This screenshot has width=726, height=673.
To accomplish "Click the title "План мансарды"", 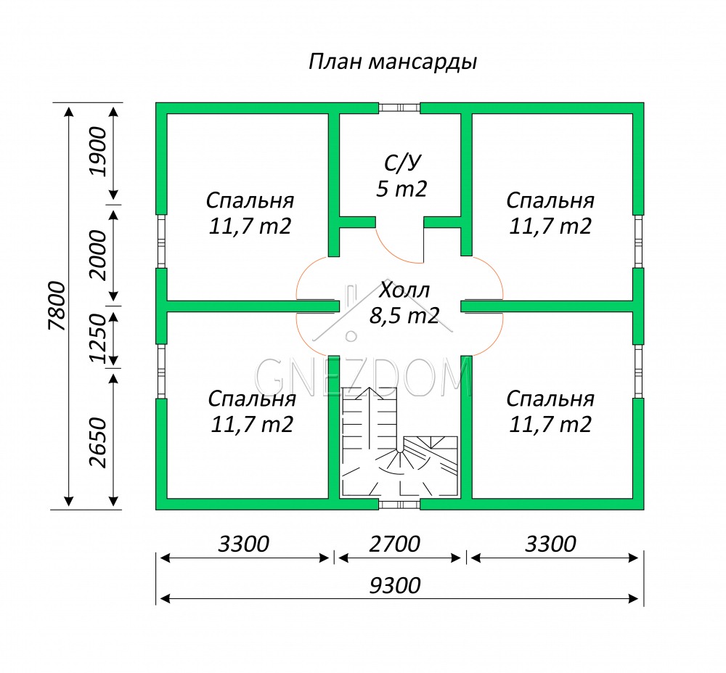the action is click(x=393, y=62).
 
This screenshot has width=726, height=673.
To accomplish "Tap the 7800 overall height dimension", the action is click(x=57, y=306).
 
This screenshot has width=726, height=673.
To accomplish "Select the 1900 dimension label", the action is click(x=98, y=152).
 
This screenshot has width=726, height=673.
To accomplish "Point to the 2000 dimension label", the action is click(x=98, y=255).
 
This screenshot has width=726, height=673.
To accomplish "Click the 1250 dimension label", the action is click(x=98, y=338).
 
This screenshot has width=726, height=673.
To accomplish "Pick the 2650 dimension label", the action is click(x=98, y=442).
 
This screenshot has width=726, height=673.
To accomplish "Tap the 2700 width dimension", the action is click(x=394, y=544).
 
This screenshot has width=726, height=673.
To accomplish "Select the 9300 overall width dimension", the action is click(x=395, y=586).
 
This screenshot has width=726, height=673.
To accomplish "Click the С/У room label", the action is click(x=403, y=163).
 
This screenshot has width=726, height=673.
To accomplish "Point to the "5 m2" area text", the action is click(x=401, y=189).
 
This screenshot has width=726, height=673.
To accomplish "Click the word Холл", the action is click(x=404, y=290).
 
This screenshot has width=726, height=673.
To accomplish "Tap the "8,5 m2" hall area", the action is click(x=404, y=316).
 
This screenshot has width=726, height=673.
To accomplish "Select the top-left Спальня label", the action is click(x=250, y=200).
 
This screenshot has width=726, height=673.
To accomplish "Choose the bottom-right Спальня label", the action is click(x=550, y=399).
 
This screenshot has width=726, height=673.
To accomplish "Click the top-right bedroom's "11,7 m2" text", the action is click(x=550, y=227).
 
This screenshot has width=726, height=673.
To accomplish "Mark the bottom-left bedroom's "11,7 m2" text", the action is click(x=252, y=425).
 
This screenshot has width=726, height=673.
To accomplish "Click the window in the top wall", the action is click(x=399, y=108).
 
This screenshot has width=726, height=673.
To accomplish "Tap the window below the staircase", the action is click(x=399, y=505).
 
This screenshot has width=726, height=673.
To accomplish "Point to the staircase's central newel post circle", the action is click(x=399, y=449).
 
